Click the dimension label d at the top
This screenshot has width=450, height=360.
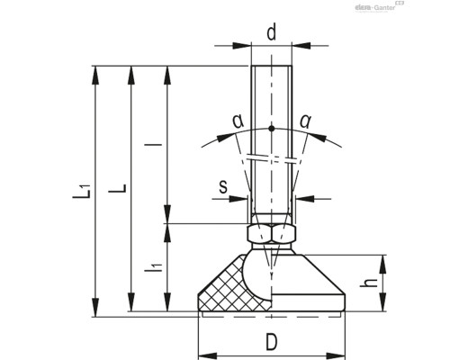click(271, 32)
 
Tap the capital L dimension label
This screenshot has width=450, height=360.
click(116, 191)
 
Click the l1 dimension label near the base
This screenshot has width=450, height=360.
click(155, 267)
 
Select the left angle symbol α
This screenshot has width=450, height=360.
click(212, 121)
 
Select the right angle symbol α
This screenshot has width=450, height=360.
click(330, 121)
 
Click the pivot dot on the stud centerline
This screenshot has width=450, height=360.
click(272, 130)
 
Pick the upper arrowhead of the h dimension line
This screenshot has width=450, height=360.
click(384, 261)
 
